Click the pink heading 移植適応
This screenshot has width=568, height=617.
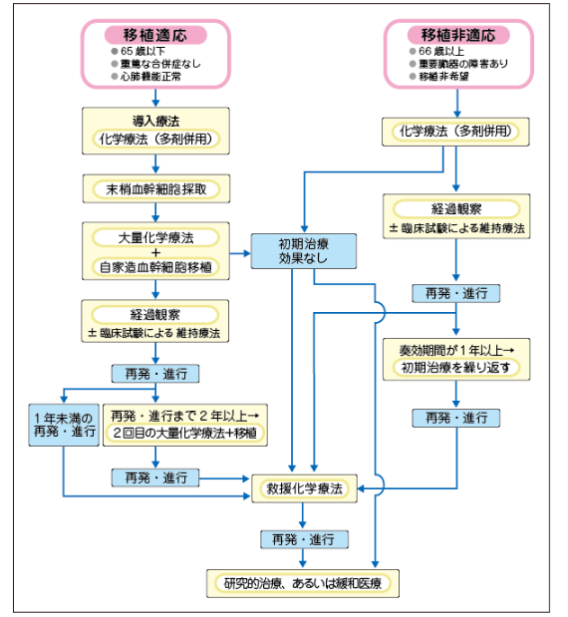[x=156, y=35]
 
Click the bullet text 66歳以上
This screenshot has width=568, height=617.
[x=444, y=49]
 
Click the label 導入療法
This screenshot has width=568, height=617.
[x=155, y=120]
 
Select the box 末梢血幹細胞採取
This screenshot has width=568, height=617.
[x=155, y=186]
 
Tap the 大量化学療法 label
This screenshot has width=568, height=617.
[x=155, y=237]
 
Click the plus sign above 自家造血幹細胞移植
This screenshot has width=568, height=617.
[x=155, y=252]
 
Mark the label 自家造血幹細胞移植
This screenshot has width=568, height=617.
[x=155, y=267]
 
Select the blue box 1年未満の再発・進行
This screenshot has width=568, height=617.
[x=64, y=425]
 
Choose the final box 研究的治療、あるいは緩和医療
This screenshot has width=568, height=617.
[x=304, y=582]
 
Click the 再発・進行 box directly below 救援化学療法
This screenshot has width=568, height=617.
[x=304, y=538]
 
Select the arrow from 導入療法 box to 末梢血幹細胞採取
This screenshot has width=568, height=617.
[x=155, y=164]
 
